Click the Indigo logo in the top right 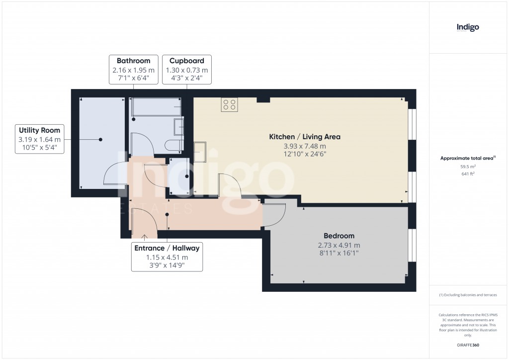point(468,27)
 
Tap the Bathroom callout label point(133,70)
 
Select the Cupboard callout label point(186,70)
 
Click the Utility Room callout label point(40,139)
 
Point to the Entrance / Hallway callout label point(167,257)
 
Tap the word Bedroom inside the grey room point(339,236)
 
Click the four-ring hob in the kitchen point(230,104)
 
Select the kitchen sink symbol point(200,152)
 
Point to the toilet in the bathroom point(175,145)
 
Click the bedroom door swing point(275,215)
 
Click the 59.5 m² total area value point(467,167)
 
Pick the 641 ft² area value point(467,175)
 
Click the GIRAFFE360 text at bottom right point(468,345)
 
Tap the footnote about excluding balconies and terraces point(468,295)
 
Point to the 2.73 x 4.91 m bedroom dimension point(339,245)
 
